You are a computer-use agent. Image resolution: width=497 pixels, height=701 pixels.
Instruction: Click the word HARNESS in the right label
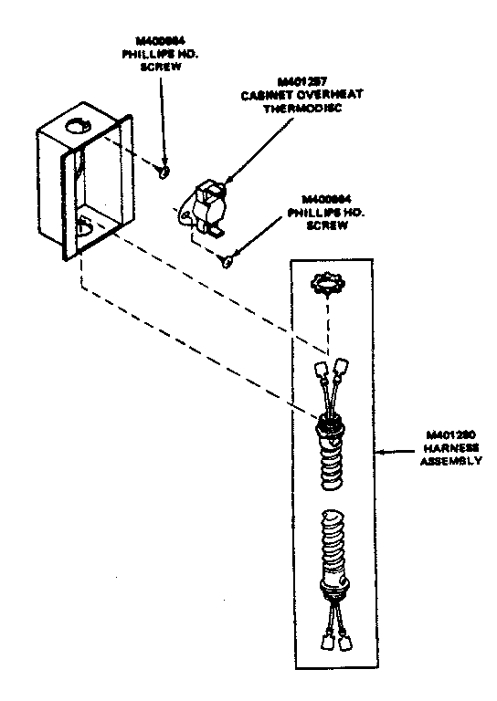(x=449, y=448)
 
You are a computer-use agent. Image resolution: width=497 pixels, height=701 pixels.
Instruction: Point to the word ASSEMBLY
(x=449, y=461)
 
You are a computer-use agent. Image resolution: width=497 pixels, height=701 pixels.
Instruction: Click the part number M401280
(x=449, y=435)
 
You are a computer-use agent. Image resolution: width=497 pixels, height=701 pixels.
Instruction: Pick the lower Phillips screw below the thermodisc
(x=225, y=262)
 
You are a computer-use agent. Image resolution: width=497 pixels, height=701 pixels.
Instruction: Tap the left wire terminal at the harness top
(x=321, y=371)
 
